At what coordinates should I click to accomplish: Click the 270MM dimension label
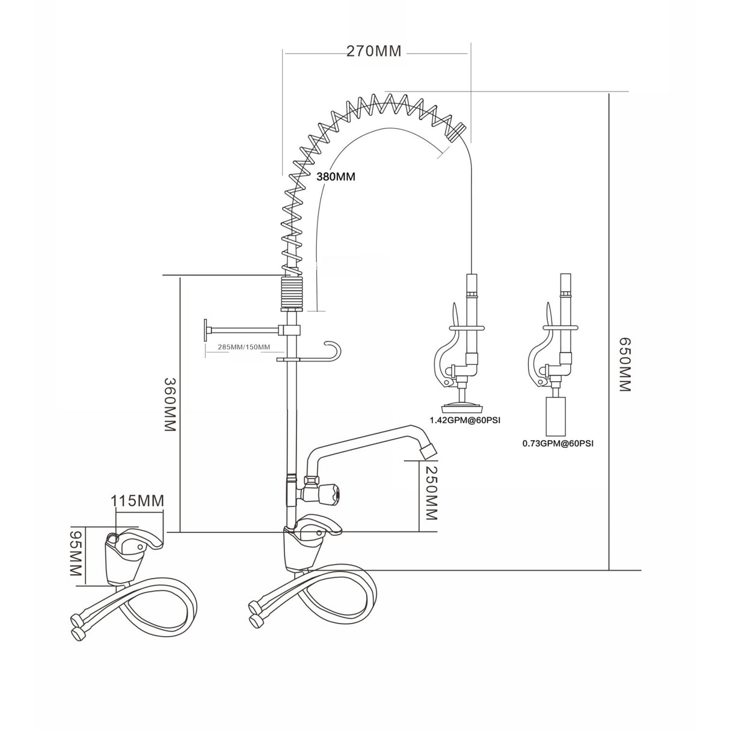pos(373,51)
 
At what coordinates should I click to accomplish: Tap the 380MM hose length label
pos(336,177)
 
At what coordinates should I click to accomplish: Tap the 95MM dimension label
pos(76,554)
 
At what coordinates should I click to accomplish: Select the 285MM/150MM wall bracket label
pos(236,348)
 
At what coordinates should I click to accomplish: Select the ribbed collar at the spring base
pos(291,292)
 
